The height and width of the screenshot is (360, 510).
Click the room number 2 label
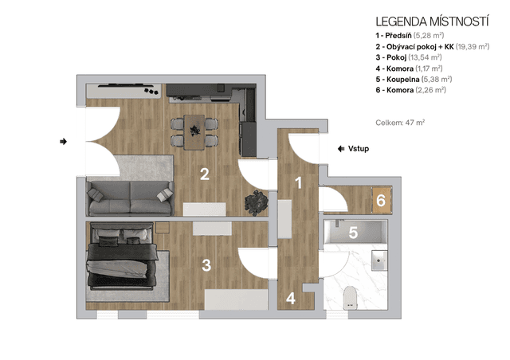point(205,174)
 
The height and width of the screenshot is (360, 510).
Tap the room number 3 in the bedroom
point(206,265)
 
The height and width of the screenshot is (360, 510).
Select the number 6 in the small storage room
point(381,201)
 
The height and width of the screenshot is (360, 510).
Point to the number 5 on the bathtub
point(353,233)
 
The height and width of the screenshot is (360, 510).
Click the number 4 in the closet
point(291,298)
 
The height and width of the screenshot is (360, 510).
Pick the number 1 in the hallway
point(299,182)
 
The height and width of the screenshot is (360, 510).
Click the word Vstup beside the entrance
point(359,149)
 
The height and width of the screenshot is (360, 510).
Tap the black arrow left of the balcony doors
point(64,142)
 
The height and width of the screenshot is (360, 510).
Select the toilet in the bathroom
point(351,298)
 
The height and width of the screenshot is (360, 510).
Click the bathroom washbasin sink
point(379,260)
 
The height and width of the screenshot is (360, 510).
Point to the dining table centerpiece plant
point(194,130)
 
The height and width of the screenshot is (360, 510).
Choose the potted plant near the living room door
point(257,203)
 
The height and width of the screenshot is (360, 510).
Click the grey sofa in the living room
point(130,198)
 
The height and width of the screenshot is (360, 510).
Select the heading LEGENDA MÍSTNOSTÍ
point(432,22)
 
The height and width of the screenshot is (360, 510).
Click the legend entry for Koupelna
point(414,80)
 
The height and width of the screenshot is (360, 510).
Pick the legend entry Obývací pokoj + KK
point(432,46)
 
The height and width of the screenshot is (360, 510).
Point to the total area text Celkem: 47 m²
point(400,123)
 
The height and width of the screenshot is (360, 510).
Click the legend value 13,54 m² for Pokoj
point(425,57)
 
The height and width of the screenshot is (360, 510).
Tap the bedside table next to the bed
point(163,228)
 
